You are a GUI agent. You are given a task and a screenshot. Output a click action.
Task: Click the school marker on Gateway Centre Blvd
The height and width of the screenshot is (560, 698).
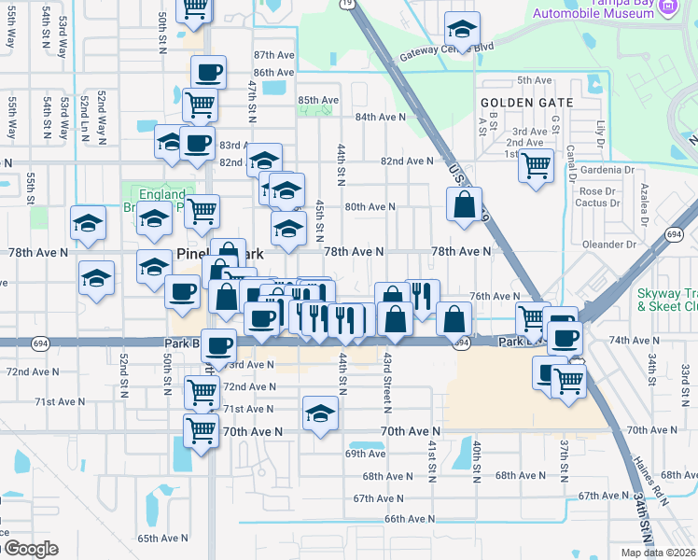pos(462,27)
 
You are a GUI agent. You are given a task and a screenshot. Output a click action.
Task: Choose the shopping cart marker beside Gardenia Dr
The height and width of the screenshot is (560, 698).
pos(536,165)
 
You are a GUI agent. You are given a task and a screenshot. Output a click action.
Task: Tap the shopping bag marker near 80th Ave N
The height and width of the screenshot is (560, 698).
pos(464,204)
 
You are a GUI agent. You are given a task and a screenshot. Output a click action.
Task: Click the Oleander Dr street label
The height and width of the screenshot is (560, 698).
pos(607,245)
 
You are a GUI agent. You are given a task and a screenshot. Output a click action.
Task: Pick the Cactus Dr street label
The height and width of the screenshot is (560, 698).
pos(598,203)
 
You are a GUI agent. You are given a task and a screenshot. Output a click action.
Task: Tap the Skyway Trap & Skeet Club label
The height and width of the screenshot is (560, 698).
pos(666,299)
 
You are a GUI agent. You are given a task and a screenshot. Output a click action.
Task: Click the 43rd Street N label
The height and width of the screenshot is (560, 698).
pos(385,384)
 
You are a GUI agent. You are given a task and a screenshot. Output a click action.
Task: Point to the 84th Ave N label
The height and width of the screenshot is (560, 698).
pos(380,117)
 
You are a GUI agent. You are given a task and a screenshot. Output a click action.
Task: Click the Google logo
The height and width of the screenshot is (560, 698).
pos(30,549)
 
